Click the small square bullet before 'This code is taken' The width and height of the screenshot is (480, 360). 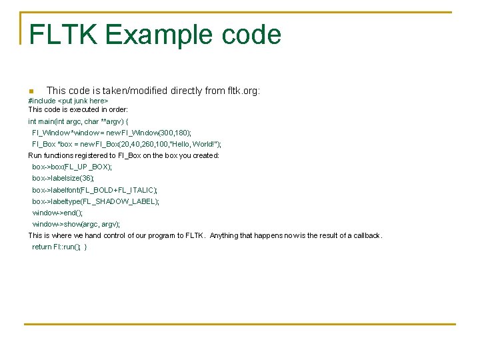click(31, 91)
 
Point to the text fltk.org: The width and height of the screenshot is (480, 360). click(243, 90)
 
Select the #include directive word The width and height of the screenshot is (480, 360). click(42, 101)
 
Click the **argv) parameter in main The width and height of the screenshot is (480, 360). click(112, 121)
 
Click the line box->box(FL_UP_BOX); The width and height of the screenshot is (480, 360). click(72, 167)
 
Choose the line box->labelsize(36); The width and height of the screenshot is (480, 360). click(63, 178)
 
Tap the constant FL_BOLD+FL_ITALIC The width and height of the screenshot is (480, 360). click(120, 190)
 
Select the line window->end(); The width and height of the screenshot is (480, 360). click(57, 213)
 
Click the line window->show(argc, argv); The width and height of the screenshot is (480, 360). click(76, 224)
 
